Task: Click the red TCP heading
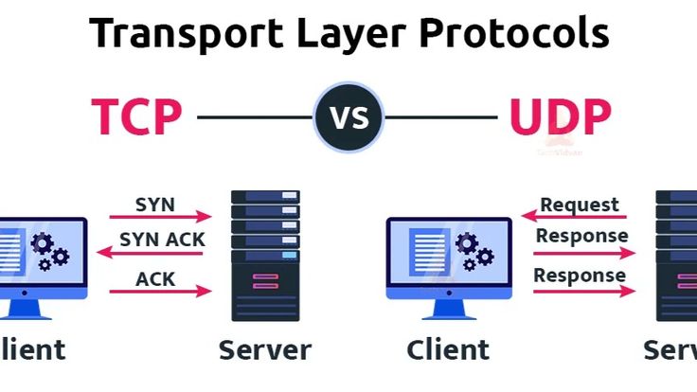coord(136,116)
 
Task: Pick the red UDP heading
coord(560,116)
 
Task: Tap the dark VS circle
coord(348,117)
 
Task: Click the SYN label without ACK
coord(154,204)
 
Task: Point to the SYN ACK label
coord(162,240)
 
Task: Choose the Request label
coord(580,204)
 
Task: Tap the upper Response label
coord(581,235)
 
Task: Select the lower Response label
coord(580,276)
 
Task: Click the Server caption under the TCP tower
coord(264,349)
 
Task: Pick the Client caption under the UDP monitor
coord(448,349)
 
